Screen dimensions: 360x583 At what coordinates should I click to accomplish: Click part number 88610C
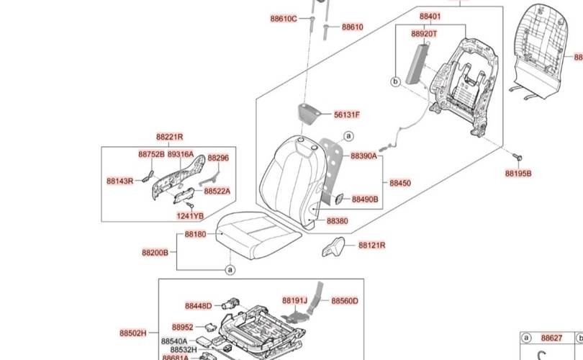point(284,18)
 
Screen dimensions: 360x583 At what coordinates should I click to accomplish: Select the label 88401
point(430,16)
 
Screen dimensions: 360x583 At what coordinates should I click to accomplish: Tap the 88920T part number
point(424,33)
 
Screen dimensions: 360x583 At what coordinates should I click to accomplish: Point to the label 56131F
point(347,114)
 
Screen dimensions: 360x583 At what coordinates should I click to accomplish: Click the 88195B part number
point(518,174)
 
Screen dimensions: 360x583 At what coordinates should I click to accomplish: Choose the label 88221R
point(169,137)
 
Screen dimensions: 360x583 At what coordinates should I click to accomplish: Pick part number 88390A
point(364,156)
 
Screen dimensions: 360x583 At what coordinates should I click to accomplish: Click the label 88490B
point(365,199)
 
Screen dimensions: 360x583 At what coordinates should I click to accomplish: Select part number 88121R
point(371,246)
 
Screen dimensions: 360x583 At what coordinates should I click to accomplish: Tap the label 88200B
point(155,253)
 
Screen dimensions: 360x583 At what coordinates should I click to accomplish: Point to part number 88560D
point(345,301)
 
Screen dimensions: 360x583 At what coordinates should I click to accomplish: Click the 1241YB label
point(190,215)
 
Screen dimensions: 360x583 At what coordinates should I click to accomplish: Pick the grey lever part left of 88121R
point(333,246)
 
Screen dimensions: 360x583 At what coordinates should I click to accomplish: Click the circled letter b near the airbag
point(394,82)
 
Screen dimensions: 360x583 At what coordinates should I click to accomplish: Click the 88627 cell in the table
point(552,338)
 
